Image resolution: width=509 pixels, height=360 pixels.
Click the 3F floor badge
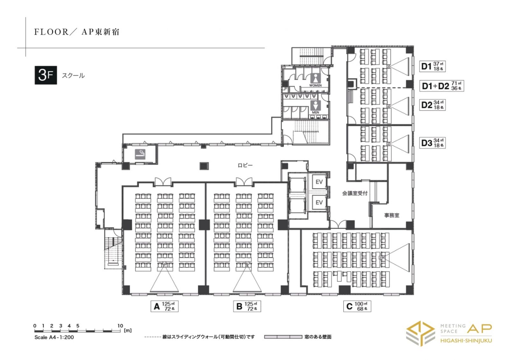[x=46, y=75]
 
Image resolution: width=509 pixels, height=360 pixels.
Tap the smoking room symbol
[x=140, y=154]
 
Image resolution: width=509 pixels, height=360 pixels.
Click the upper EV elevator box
[x=319, y=182]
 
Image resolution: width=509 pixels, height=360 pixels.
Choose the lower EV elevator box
[x=319, y=202]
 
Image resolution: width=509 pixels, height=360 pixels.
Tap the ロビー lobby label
[x=245, y=165]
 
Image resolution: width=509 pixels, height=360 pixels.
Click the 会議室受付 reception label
[x=355, y=193]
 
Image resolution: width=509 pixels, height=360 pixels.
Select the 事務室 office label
[x=392, y=215]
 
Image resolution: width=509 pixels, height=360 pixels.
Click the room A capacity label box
[x=164, y=306]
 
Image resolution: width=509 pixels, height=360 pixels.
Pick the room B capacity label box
[x=247, y=306]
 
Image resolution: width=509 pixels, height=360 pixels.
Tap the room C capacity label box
[x=357, y=306]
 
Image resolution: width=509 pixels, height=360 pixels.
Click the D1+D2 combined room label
[x=442, y=86]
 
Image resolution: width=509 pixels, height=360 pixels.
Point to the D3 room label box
[x=432, y=143]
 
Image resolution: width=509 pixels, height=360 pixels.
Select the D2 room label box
[x=432, y=105]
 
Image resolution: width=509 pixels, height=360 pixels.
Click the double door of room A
[x=163, y=182]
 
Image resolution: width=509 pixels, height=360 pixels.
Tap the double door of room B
[x=244, y=182]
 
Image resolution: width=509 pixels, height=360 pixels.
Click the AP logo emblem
[x=420, y=333]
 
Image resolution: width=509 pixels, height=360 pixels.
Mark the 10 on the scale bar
[x=120, y=326]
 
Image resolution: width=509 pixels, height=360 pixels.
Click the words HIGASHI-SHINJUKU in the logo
[x=466, y=341]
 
